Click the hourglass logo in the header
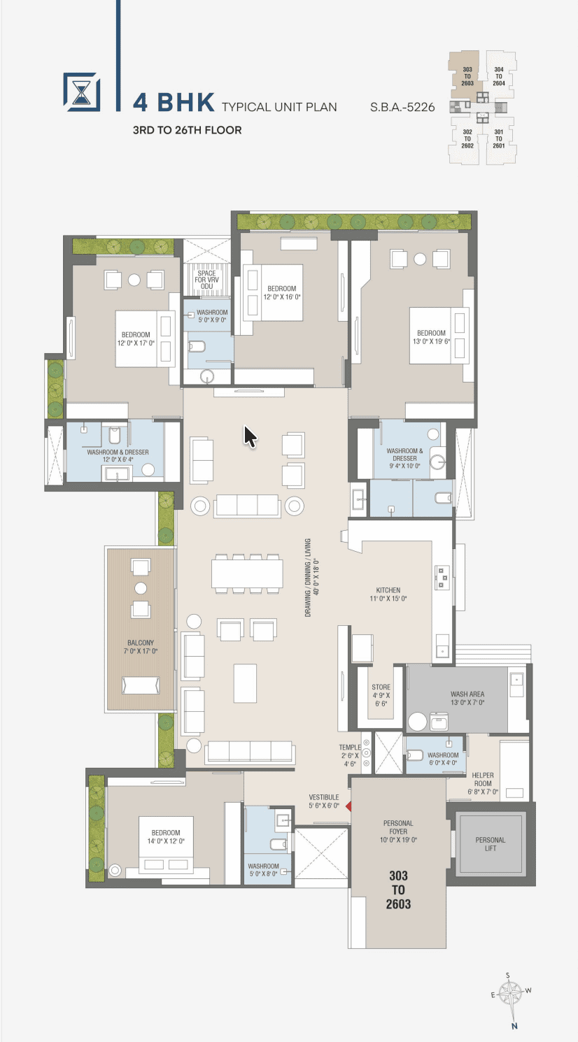point(82,92)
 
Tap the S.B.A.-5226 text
point(402,108)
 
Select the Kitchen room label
point(388,594)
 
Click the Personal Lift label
point(490,844)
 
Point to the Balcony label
point(141,647)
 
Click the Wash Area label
point(467,698)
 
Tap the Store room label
point(381,695)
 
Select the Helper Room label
point(483,783)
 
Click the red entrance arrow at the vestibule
point(348,806)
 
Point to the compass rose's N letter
point(514,1026)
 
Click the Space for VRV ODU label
point(206,280)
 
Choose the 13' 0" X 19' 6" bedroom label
point(432,337)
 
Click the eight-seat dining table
point(246,573)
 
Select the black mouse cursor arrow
point(250,437)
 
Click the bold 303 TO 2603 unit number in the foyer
point(398,890)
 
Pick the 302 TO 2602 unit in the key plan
point(467,138)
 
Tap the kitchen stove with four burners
point(442,577)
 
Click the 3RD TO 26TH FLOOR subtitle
point(187,130)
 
